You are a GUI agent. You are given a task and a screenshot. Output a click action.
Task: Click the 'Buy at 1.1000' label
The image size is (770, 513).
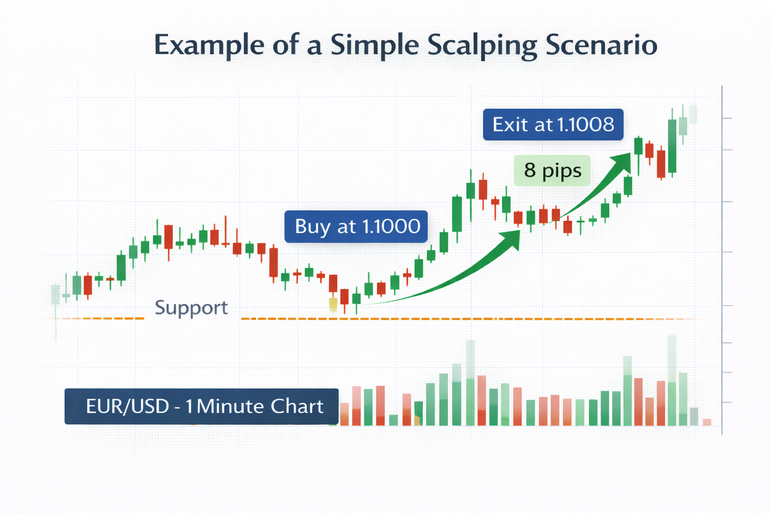click(x=356, y=226)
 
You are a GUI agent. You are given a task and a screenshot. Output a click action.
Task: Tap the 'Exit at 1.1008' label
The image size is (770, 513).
click(x=553, y=124)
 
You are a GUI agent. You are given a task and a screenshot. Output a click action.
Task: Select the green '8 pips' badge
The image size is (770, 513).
click(x=552, y=170)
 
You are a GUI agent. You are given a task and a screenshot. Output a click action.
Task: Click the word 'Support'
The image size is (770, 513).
click(x=191, y=308)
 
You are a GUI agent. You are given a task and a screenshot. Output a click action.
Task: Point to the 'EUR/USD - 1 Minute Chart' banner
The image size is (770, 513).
click(x=202, y=406)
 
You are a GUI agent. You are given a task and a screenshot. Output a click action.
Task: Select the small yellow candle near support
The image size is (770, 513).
click(x=333, y=305)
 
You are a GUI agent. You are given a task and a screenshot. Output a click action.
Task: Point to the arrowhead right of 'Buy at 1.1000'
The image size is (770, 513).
click(x=511, y=239)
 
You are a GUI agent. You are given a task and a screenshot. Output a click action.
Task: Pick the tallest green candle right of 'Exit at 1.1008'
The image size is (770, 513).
click(x=672, y=146)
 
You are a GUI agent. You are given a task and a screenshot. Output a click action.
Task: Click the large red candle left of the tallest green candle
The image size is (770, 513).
click(x=661, y=163)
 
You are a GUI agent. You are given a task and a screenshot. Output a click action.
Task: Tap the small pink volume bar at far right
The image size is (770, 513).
click(x=707, y=422)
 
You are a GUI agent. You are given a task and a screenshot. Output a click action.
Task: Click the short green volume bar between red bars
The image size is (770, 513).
click(x=393, y=420)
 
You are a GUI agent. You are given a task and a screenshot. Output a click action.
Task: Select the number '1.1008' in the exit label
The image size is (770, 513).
click(x=585, y=124)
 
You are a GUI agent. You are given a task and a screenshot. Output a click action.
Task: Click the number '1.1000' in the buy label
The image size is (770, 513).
click(x=391, y=226)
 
